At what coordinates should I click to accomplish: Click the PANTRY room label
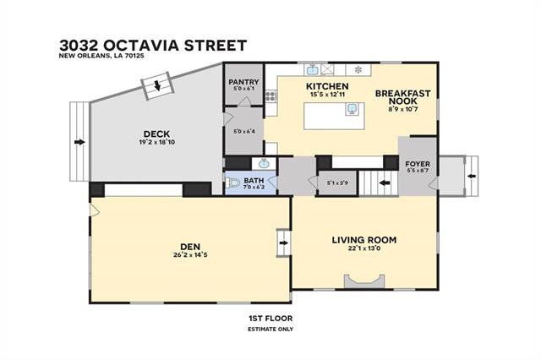[x=243, y=82]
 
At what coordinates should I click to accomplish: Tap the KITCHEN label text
[x=327, y=86]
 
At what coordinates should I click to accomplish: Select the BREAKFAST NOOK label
[x=402, y=97]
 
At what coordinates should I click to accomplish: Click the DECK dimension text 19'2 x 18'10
[x=155, y=142]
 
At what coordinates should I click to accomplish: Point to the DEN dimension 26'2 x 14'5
[x=190, y=255]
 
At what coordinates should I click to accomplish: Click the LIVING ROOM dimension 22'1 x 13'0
[x=364, y=248]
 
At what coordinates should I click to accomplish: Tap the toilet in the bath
[x=233, y=182]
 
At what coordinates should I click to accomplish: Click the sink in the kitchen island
[x=352, y=109]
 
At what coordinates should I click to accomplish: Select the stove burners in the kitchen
[x=270, y=95]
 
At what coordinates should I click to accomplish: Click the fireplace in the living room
[x=364, y=281]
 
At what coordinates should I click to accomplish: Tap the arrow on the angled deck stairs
[x=157, y=85]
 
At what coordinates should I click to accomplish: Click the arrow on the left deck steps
[x=79, y=142]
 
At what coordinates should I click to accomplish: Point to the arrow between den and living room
[x=284, y=243]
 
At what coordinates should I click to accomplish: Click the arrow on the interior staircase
[x=385, y=183]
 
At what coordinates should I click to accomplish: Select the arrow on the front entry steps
[x=472, y=177]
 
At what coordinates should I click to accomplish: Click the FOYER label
[x=418, y=164]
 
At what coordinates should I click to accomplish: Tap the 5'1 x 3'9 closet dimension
[x=337, y=183]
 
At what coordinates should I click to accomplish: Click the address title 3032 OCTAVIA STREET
[x=153, y=46]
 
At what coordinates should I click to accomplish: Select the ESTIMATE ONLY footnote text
[x=270, y=329]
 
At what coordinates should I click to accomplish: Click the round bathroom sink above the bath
[x=265, y=163]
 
